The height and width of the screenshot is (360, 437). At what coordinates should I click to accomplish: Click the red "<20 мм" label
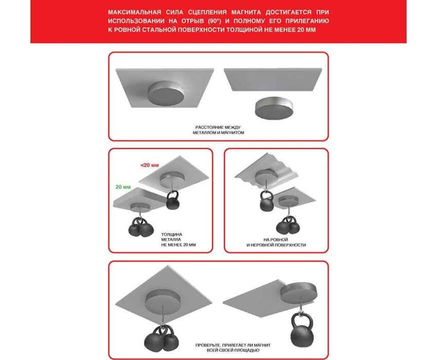(x=150, y=165)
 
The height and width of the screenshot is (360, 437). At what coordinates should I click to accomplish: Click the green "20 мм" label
(x=123, y=187)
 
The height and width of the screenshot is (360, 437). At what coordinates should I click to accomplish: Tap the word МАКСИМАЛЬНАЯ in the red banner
(x=135, y=12)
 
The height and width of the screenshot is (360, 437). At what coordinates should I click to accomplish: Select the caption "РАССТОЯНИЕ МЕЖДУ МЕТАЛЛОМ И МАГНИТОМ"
(x=218, y=130)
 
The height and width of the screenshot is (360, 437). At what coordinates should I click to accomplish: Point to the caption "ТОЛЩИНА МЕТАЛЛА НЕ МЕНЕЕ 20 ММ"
(x=178, y=240)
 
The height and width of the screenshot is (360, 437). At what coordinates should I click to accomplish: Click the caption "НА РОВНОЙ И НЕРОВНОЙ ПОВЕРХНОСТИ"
(x=276, y=242)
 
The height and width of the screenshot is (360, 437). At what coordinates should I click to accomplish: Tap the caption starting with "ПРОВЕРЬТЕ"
(x=233, y=348)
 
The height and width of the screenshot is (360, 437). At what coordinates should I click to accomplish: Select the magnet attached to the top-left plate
(x=166, y=93)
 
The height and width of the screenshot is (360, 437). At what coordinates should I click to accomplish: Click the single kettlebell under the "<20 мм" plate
(x=173, y=200)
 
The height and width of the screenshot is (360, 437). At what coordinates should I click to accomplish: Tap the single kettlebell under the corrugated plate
(x=267, y=201)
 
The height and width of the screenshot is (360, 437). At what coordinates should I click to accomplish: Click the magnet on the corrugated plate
(x=267, y=176)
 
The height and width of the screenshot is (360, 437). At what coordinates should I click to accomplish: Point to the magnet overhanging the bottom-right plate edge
(x=298, y=293)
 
